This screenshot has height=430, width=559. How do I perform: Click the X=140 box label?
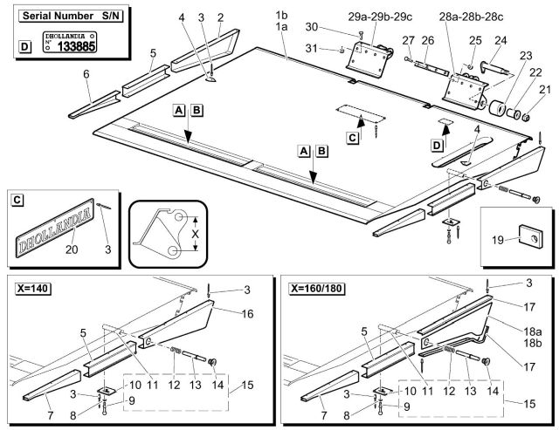[x=31, y=286]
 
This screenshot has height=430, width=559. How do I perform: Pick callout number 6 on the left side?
[x=86, y=75]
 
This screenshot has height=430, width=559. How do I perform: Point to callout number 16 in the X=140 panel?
[x=248, y=311]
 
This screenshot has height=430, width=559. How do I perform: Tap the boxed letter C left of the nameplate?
[x=17, y=201]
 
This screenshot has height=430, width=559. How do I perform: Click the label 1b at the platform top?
[x=280, y=17]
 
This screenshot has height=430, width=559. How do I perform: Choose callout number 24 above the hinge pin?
[x=500, y=40]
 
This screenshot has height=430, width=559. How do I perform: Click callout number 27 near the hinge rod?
[x=408, y=40]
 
